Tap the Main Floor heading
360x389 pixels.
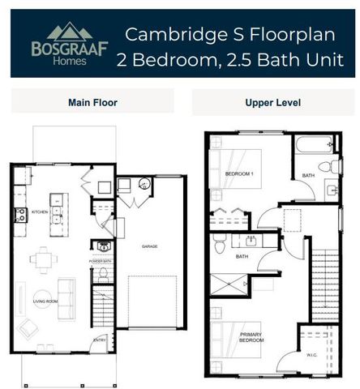[92, 103]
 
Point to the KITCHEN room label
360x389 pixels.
[41, 212]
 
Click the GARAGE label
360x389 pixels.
[149, 246]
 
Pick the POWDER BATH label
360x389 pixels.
[102, 263]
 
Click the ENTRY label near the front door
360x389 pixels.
[99, 340]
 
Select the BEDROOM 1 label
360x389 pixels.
[241, 174]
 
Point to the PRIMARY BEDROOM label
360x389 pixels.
[251, 337]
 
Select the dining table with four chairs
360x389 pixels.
[43, 260]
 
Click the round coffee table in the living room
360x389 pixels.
[43, 295]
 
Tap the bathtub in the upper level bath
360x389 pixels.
[315, 147]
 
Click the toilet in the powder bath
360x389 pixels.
[103, 276]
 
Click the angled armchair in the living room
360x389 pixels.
[28, 329]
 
